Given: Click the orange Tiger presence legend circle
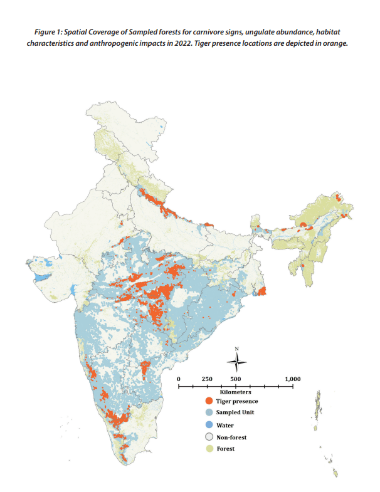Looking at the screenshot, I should [208, 400].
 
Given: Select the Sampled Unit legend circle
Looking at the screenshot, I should [208, 412].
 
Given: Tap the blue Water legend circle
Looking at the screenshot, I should [208, 425].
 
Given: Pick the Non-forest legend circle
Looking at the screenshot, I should [208, 437].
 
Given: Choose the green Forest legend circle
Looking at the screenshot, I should [208, 449].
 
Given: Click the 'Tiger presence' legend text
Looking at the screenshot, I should [237, 400].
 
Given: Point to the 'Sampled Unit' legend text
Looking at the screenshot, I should [236, 412].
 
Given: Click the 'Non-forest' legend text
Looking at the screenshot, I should [232, 437].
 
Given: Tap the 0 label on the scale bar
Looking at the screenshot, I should [179, 379].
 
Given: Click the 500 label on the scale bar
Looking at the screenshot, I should [236, 379].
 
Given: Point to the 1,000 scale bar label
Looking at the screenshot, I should [292, 379].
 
